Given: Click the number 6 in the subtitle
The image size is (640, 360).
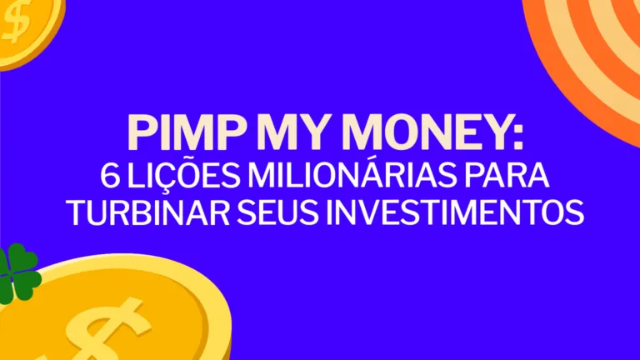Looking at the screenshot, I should click(108, 177).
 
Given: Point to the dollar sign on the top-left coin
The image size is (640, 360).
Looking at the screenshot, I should click(15, 23).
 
